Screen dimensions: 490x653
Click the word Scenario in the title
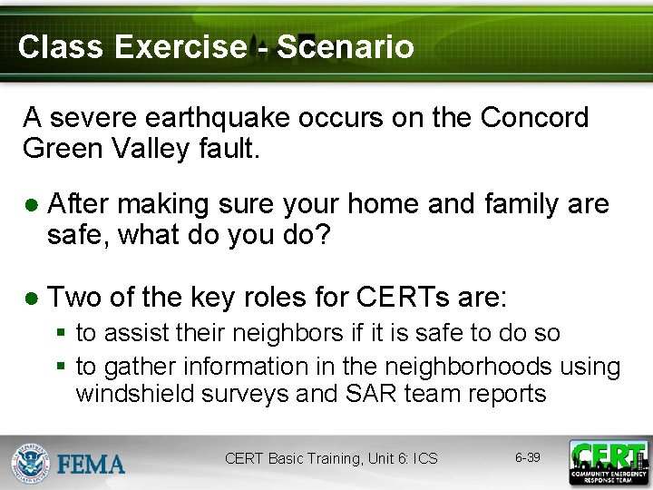click(345, 46)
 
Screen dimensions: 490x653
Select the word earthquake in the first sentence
click(210, 118)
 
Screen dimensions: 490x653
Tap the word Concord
click(534, 118)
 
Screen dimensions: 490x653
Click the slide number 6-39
click(527, 457)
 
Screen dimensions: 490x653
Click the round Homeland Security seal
click(30, 463)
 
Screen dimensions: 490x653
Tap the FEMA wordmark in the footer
click(91, 465)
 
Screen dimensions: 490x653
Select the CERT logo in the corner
click(609, 463)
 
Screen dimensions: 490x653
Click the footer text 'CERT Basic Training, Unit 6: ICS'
click(331, 459)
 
